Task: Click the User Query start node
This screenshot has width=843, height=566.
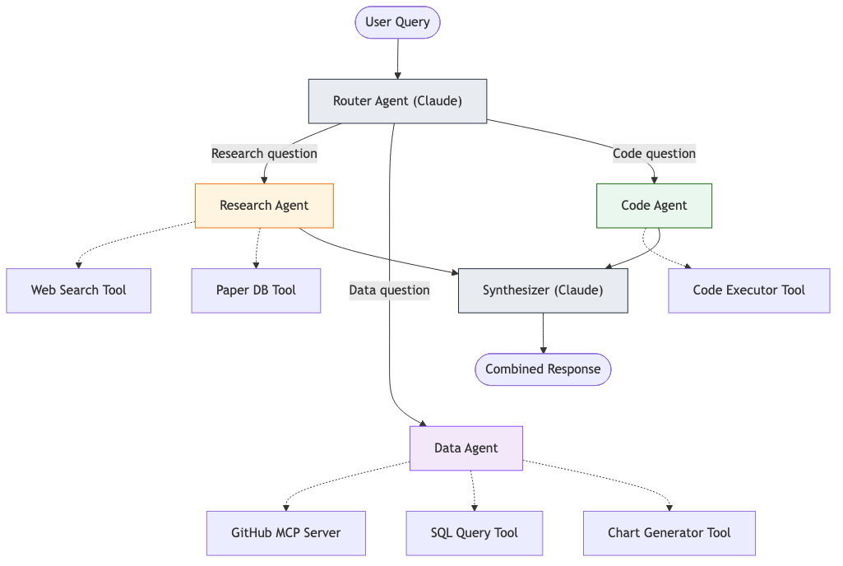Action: [397, 22]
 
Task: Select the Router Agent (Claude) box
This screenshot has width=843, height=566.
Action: [397, 101]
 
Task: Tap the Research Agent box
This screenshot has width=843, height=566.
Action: [264, 206]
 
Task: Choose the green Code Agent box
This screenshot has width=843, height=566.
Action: [654, 206]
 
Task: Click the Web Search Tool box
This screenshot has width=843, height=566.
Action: [79, 290]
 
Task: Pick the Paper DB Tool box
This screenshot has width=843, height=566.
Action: [256, 290]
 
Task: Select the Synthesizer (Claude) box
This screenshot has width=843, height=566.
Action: [543, 290]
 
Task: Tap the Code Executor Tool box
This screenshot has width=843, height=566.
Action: [748, 290]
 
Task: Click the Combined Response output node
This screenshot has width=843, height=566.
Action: [543, 369]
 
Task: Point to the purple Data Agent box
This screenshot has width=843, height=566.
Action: [466, 448]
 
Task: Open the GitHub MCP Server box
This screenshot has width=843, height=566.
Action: [285, 533]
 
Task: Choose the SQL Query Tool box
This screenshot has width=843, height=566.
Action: [474, 533]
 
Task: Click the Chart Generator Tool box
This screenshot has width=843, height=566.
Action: [669, 533]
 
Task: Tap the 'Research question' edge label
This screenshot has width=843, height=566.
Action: [264, 154]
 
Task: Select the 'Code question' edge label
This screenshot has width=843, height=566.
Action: [654, 154]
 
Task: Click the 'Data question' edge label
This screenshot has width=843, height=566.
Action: [389, 290]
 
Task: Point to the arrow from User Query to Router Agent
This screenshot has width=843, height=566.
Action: [397, 58]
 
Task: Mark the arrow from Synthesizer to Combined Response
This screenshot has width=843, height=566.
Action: [543, 333]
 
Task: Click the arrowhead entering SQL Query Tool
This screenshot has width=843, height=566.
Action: [475, 507]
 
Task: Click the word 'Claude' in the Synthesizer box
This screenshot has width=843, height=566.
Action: [579, 290]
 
